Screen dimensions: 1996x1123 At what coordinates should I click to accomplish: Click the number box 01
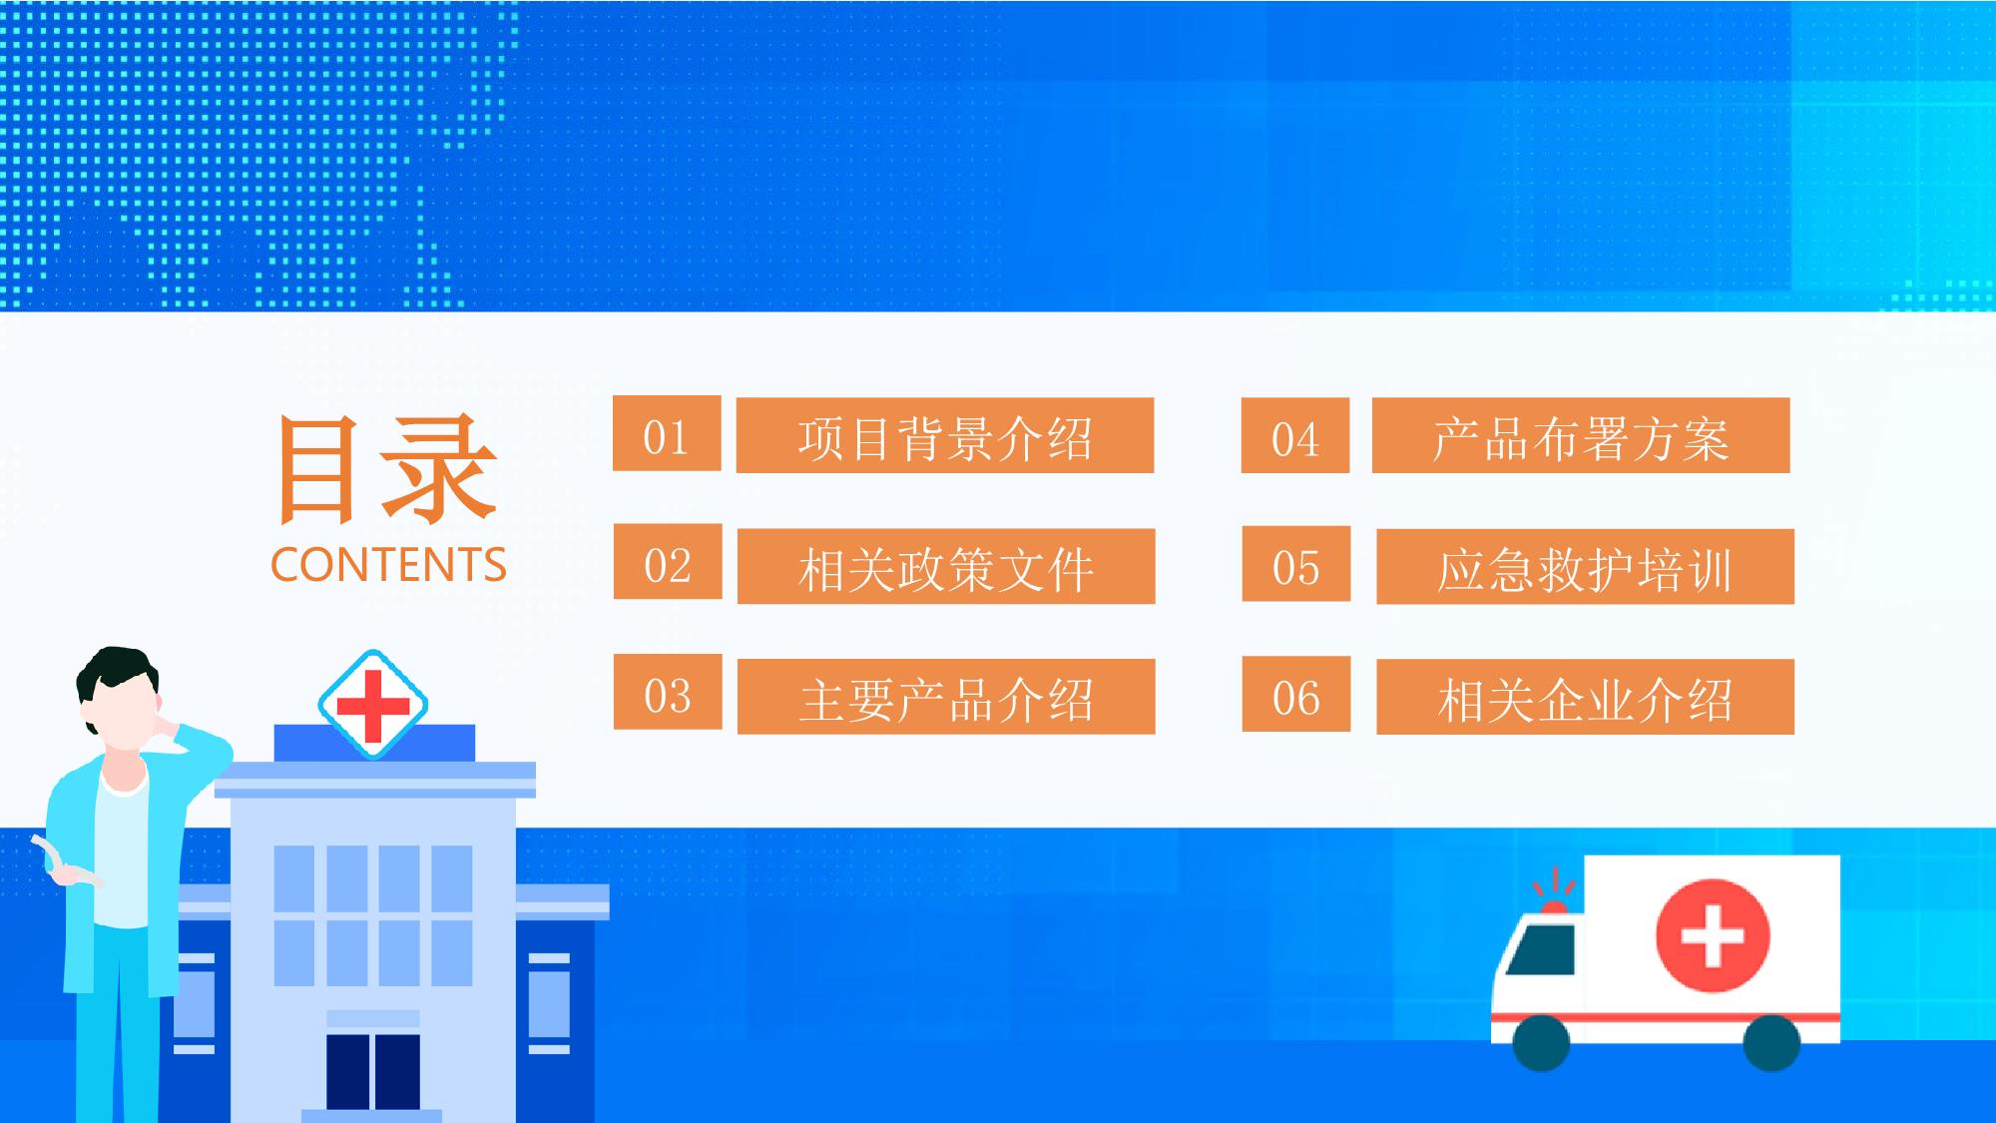pos(667,433)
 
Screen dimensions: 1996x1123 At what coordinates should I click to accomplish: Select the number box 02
pos(668,562)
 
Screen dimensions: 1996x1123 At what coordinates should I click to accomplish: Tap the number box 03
pos(668,692)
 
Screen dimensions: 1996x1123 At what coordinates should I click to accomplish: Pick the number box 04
pos(1295,435)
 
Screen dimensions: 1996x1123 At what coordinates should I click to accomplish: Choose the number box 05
pos(1296,564)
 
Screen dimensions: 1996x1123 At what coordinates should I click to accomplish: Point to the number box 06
pos(1296,694)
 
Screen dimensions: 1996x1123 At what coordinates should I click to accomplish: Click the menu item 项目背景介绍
pos(945,435)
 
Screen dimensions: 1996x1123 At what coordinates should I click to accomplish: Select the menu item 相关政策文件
pos(946,566)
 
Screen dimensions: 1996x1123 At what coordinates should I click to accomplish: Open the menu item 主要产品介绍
pos(946,697)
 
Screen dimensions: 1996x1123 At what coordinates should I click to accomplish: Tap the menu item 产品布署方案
pos(1581,435)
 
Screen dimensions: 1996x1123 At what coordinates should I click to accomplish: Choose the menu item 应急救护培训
pos(1586,566)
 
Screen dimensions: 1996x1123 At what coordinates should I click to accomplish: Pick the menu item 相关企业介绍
pos(1586,697)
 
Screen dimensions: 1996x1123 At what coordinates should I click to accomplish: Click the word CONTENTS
pos(388,565)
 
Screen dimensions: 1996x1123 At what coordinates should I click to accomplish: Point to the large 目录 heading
pos(387,469)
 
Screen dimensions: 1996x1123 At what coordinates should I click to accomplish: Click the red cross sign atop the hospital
pos(373,705)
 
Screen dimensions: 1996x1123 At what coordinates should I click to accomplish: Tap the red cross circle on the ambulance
pos(1713,935)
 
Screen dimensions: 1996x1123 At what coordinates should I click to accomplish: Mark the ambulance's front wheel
pos(1541,1043)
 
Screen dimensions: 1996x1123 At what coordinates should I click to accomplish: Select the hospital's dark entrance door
pos(373,1071)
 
